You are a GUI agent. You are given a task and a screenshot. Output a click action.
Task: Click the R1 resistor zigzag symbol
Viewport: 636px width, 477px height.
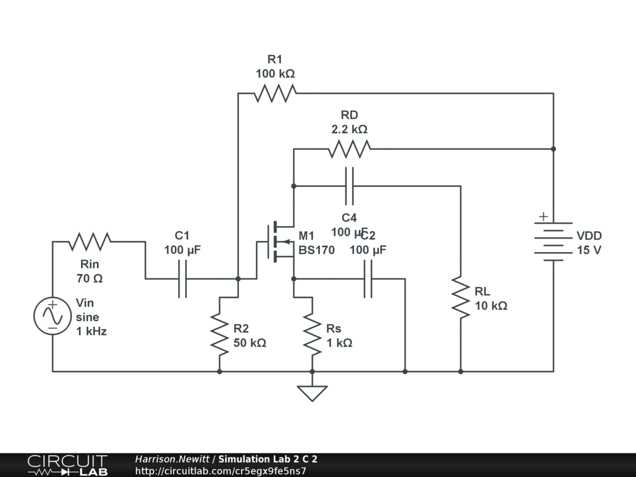[x=275, y=93]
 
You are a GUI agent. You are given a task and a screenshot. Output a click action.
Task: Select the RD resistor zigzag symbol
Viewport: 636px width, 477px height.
[x=349, y=149]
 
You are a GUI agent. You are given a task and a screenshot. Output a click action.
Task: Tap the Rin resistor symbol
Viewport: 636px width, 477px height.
[x=91, y=241]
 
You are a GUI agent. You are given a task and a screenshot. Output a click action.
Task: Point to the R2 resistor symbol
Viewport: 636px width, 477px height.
[x=219, y=332]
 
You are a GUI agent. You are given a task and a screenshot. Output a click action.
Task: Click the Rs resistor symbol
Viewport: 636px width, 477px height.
[x=312, y=334]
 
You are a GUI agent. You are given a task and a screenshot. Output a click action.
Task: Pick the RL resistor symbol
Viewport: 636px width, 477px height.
[x=460, y=299]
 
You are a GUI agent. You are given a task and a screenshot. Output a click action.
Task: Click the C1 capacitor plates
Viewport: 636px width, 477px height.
[x=182, y=279]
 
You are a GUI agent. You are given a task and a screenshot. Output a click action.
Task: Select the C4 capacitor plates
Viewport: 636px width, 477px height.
[x=349, y=186]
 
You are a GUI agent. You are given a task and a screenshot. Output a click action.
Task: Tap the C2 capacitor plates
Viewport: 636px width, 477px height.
[x=368, y=279]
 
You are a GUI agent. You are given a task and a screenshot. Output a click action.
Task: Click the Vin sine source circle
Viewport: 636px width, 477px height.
[x=53, y=316]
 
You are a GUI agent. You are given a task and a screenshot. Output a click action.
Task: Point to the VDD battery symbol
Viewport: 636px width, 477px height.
[x=549, y=241]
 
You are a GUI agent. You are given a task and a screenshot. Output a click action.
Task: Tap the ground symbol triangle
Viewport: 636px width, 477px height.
[x=312, y=393]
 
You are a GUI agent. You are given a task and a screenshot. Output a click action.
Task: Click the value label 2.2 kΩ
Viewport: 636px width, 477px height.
[x=349, y=130]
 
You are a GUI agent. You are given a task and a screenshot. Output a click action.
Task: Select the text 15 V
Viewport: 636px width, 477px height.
[x=589, y=250]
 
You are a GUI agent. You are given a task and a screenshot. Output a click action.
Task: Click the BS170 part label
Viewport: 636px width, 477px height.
[x=316, y=250]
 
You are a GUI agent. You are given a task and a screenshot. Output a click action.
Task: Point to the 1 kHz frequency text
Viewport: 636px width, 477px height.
[x=91, y=331]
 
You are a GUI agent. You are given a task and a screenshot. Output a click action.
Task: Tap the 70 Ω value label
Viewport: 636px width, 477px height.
[x=90, y=279]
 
